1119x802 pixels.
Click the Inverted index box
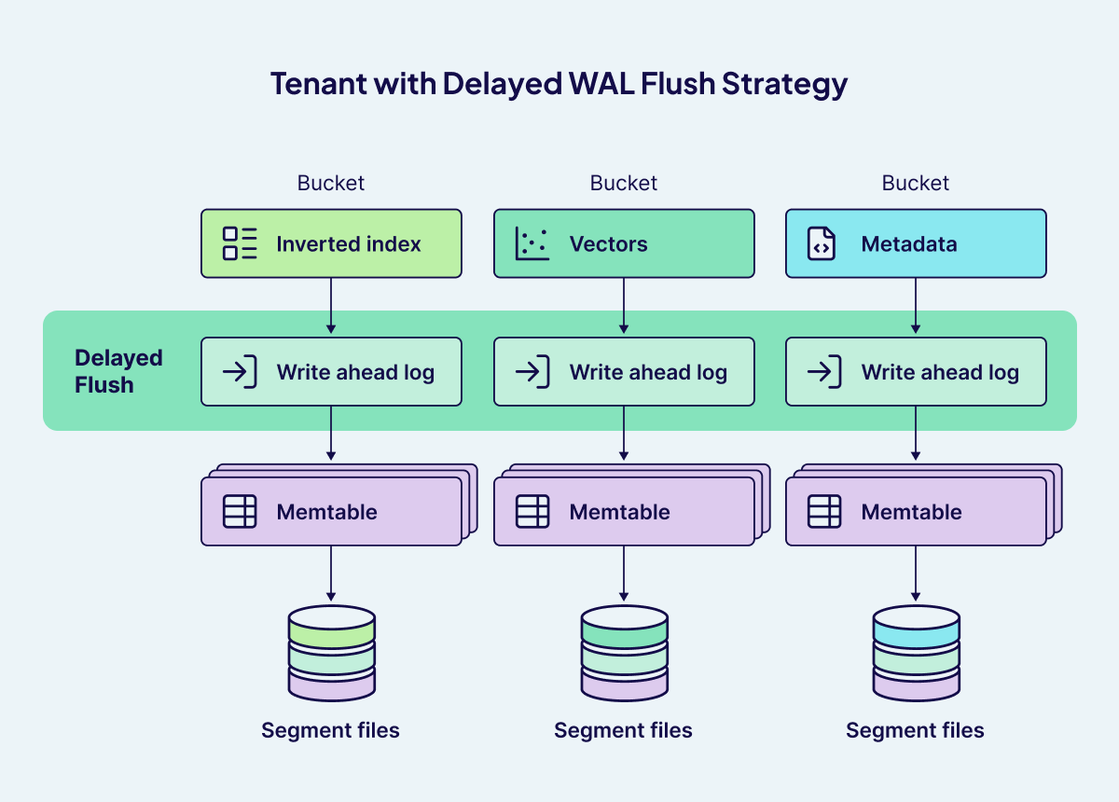point(331,243)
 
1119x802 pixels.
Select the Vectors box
point(623,243)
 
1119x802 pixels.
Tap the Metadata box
point(916,243)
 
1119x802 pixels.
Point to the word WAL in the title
point(602,83)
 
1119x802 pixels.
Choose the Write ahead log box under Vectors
point(623,372)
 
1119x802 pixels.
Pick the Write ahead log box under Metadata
point(916,372)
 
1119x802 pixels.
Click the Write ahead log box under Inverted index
point(331,372)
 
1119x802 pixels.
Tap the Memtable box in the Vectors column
point(623,512)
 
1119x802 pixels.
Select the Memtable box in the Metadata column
point(916,512)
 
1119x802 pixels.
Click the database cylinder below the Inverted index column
point(331,653)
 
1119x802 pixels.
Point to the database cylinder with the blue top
point(916,653)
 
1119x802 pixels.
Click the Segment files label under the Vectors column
point(623,730)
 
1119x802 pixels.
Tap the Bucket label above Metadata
point(916,184)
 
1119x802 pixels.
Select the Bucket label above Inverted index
point(331,184)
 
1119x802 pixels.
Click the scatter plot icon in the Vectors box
point(532,243)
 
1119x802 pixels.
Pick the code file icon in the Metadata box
point(822,243)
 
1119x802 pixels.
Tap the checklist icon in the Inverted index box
point(240,243)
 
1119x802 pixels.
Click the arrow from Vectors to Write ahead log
point(623,307)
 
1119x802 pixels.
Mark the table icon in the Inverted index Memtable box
point(240,512)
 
